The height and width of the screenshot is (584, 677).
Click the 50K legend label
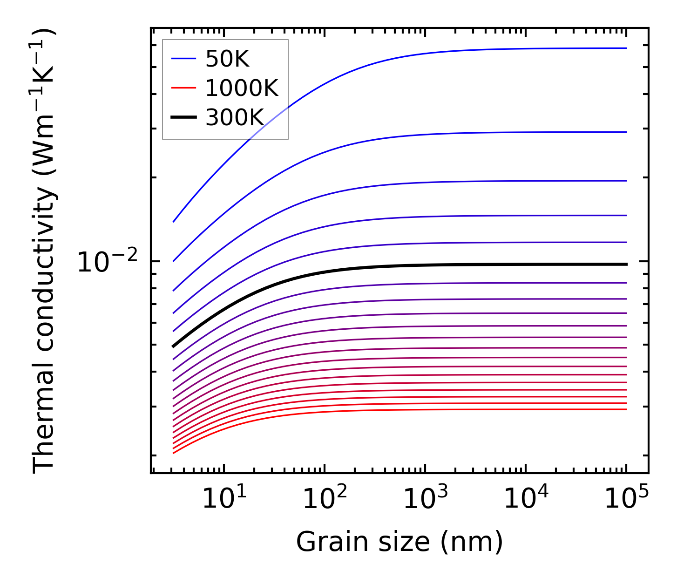point(227,59)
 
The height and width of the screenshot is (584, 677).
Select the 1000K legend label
point(242,88)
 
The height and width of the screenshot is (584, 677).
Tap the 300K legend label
point(235,118)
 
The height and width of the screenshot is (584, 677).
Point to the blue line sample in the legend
point(184,59)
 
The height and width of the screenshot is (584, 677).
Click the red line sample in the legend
point(184,88)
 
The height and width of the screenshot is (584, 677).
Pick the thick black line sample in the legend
point(184,117)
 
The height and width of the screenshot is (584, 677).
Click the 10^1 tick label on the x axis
point(224,500)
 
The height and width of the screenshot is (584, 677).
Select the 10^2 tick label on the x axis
point(325,500)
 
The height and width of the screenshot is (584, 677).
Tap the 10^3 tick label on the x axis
point(425,500)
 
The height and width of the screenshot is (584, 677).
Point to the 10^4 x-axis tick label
point(526,500)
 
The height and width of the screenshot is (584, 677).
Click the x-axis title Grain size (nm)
point(399,542)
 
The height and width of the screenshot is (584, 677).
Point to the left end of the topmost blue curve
point(174,221)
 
